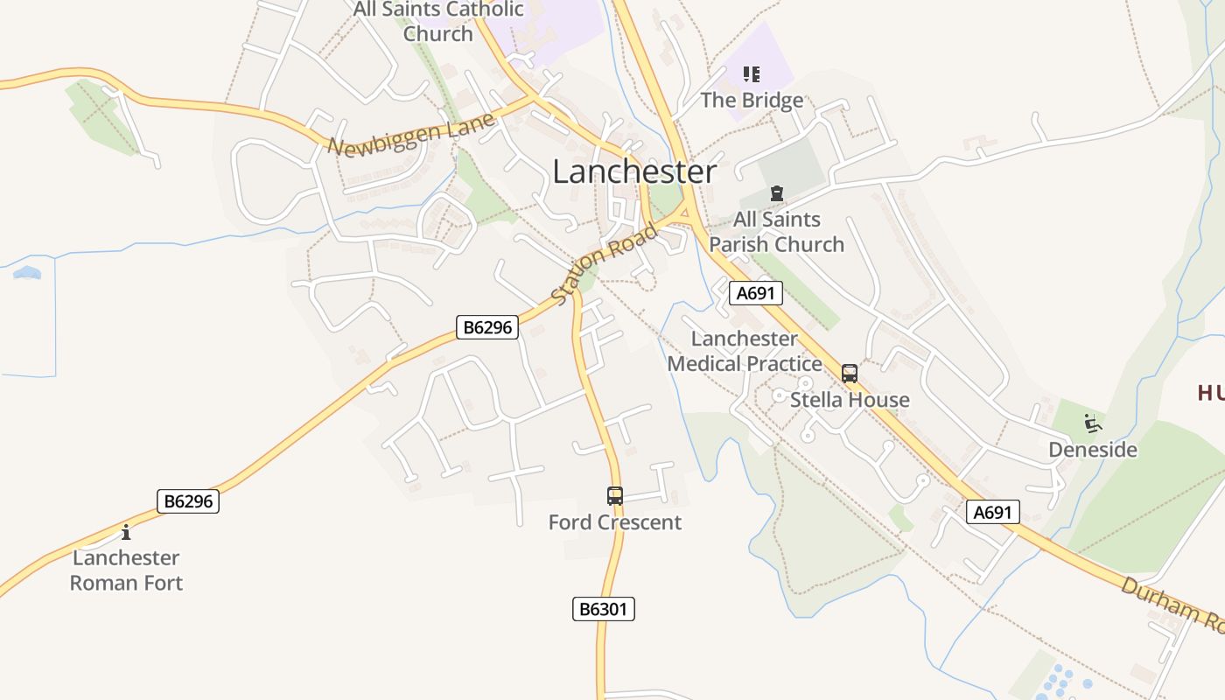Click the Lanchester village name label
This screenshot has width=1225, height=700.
(634, 171)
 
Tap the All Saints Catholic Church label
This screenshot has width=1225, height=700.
(438, 22)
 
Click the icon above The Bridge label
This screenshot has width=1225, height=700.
(751, 74)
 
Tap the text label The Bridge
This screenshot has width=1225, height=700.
(751, 100)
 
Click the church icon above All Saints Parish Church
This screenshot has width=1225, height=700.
(775, 192)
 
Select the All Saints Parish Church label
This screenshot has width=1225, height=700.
(776, 232)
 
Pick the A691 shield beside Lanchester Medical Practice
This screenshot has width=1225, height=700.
(756, 293)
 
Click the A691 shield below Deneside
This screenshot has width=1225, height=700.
(993, 512)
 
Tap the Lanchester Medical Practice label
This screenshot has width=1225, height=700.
(745, 351)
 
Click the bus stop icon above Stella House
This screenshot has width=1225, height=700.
(849, 374)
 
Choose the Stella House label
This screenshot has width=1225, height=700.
(850, 400)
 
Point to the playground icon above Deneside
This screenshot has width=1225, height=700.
(1092, 423)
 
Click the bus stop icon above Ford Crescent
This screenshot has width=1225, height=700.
(615, 496)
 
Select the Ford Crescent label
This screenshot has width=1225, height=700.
(614, 522)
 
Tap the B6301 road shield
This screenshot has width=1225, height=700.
(603, 609)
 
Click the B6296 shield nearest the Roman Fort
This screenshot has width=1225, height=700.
(187, 501)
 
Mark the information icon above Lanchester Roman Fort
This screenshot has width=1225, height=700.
(126, 532)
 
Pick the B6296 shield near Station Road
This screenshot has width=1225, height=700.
(487, 327)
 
